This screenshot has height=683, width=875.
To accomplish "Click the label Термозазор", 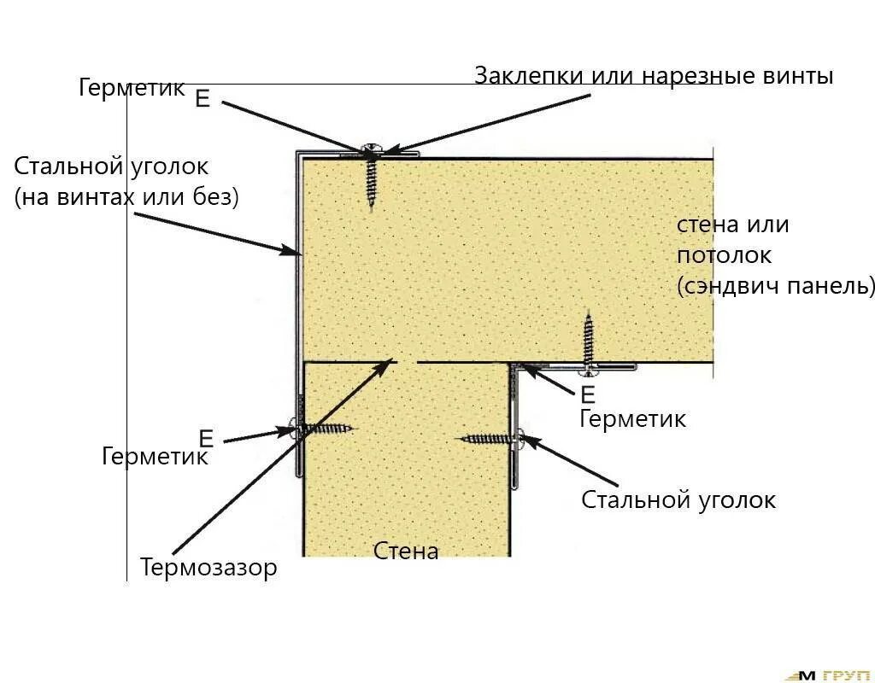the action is coord(209,568).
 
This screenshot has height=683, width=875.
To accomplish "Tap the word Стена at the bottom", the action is coord(406,552).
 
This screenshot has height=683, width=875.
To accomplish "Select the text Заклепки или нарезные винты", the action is coord(654,76).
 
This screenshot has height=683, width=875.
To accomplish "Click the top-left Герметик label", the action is coord(132,88).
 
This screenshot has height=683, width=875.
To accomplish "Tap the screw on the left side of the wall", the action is coord(325,429).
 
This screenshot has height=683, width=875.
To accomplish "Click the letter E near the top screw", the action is coord(203,98).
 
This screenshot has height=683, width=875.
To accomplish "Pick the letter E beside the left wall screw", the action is coord(206,439).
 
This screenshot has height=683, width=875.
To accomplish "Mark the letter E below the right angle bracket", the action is coord(587,394).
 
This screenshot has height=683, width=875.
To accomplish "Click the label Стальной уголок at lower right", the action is coord(678,500).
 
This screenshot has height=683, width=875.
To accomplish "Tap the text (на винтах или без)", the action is coord(126,198).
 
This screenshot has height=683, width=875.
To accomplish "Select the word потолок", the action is coord(724,255).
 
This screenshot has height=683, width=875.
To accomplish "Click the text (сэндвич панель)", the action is coord(776,286).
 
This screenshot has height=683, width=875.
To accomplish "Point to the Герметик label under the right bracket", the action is coord(632,419).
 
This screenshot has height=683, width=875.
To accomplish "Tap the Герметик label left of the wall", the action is coord(155,457).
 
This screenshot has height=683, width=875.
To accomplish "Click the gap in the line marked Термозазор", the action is coord(406,362).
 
